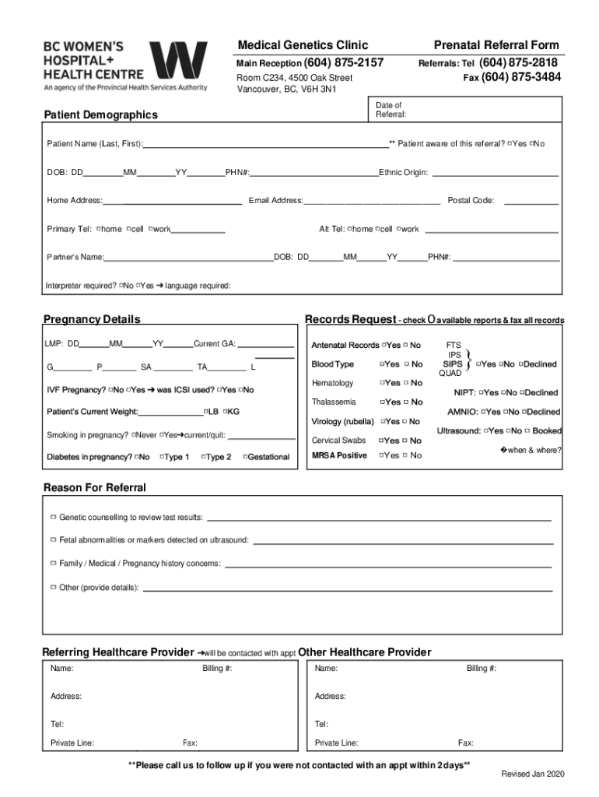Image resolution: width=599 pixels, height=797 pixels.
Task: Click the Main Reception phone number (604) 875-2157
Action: (x=344, y=62)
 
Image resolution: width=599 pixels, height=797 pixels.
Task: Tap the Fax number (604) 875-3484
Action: (x=520, y=77)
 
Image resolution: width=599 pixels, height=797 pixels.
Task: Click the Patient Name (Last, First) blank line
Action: (x=265, y=144)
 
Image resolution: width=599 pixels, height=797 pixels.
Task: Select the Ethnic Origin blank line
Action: (x=495, y=172)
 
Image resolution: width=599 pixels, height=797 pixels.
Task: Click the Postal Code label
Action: (x=471, y=201)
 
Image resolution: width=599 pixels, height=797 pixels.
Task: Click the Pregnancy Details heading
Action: (x=92, y=319)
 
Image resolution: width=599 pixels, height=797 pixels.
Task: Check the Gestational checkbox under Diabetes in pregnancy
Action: (x=246, y=457)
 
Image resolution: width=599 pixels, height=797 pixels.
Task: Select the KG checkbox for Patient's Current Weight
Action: (x=225, y=411)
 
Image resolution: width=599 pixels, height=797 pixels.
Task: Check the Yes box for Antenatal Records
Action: (x=384, y=345)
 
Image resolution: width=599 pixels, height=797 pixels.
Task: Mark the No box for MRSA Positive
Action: (x=406, y=456)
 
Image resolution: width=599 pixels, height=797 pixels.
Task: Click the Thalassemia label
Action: (x=334, y=402)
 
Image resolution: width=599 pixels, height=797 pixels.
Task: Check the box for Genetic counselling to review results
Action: (x=53, y=517)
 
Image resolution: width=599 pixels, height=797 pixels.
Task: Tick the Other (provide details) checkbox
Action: (x=53, y=587)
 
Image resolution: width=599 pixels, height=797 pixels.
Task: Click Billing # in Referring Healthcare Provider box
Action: (x=217, y=669)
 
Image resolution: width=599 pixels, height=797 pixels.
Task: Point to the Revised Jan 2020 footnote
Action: (x=533, y=774)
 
